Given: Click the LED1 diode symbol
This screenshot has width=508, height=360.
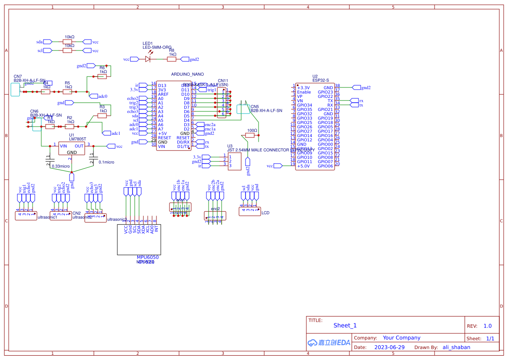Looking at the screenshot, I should [148, 59].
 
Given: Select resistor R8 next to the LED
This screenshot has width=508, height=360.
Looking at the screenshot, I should [172, 59].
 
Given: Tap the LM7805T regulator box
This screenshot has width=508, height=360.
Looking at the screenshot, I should [72, 148].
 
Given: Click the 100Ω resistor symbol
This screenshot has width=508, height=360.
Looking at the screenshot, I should [250, 135].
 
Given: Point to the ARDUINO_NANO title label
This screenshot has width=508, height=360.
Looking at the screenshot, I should [187, 74].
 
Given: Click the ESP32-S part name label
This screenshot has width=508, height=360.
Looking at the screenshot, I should [321, 80].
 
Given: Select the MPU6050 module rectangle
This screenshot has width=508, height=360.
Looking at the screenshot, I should [139, 239].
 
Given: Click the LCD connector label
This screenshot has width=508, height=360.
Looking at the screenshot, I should [266, 213].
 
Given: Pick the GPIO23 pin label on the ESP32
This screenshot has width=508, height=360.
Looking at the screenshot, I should [325, 92].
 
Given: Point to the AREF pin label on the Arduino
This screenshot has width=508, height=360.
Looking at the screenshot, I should [163, 94].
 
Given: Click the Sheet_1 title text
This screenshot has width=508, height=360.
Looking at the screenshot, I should [345, 325].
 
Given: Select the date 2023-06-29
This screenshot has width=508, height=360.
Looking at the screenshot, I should [389, 347].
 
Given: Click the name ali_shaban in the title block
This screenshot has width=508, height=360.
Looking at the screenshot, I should [456, 347].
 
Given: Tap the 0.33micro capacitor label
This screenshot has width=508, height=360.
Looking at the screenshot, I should [60, 166].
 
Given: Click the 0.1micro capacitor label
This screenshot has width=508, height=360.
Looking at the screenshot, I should [106, 162].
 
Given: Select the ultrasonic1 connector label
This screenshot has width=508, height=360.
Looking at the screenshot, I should [48, 217].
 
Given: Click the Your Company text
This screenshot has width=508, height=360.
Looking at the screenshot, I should [402, 338].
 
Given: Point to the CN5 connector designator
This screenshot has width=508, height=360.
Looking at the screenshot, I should [255, 106].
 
